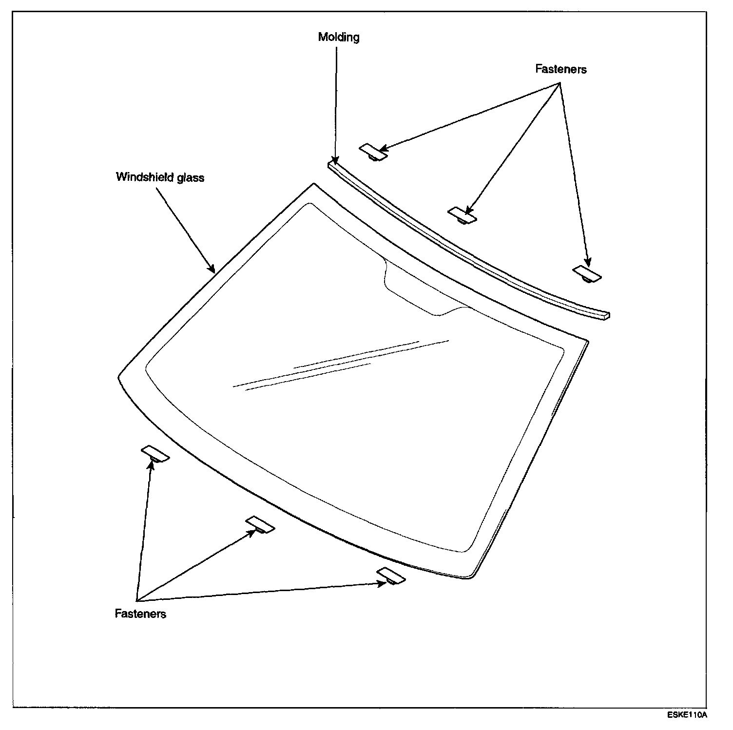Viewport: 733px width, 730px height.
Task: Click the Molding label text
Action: click(x=339, y=37)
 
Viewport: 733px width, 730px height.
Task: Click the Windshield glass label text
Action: click(x=160, y=177)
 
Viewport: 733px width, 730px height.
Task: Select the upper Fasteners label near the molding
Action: click(x=560, y=69)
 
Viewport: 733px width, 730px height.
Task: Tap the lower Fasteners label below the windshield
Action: click(x=140, y=614)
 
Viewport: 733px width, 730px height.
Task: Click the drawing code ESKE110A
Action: click(x=687, y=715)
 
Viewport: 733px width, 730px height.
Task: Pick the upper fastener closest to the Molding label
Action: click(x=373, y=152)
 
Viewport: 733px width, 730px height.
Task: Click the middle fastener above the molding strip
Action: click(x=462, y=215)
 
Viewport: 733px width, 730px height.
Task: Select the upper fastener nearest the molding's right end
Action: click(x=587, y=274)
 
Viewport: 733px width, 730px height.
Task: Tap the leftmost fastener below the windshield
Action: click(x=155, y=453)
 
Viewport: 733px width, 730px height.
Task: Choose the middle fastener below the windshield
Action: click(x=260, y=524)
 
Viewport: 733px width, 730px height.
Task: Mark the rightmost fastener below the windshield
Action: click(x=391, y=576)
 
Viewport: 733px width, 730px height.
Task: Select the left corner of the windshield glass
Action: click(x=120, y=376)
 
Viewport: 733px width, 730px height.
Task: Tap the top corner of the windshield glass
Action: click(x=314, y=185)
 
